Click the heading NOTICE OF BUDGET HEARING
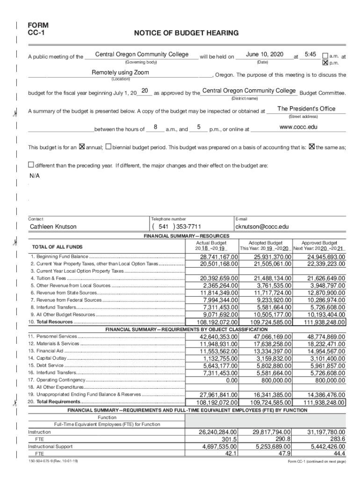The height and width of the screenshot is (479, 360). [186, 33]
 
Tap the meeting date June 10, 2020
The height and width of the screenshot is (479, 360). [264, 55]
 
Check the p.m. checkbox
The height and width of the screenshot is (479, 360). [326, 62]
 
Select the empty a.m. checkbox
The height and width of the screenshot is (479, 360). [326, 55]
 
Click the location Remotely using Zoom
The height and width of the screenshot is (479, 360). [120, 73]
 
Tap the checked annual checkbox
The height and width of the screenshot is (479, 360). [82, 147]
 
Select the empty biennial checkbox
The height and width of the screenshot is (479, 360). [108, 147]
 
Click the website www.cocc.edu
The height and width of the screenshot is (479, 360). [298, 127]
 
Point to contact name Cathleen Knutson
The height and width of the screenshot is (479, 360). [53, 227]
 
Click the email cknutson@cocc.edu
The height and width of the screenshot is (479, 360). [262, 227]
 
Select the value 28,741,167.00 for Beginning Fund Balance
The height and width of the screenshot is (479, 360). [219, 257]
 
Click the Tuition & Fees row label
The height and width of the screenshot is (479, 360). [48, 278]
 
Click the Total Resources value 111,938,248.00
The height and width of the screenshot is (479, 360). [324, 322]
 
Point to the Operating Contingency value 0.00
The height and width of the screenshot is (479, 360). [229, 380]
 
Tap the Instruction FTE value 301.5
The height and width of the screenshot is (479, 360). [229, 440]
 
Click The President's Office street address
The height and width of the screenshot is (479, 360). [306, 109]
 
